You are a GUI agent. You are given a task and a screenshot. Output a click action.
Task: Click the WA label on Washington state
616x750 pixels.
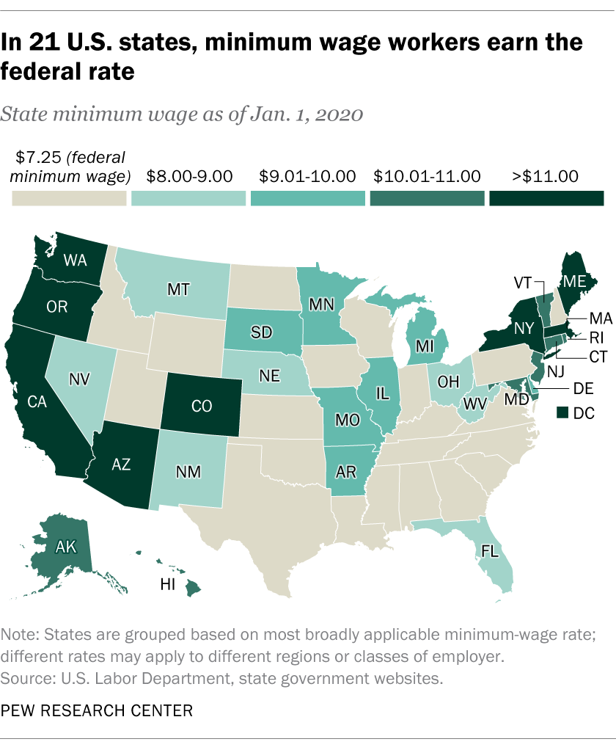pyautogui.click(x=76, y=259)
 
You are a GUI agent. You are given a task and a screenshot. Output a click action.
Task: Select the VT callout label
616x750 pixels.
pyautogui.click(x=524, y=283)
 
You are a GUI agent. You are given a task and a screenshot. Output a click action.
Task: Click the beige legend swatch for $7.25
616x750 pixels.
pyautogui.click(x=69, y=199)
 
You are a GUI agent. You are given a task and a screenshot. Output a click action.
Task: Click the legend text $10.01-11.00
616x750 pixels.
pyautogui.click(x=427, y=176)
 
